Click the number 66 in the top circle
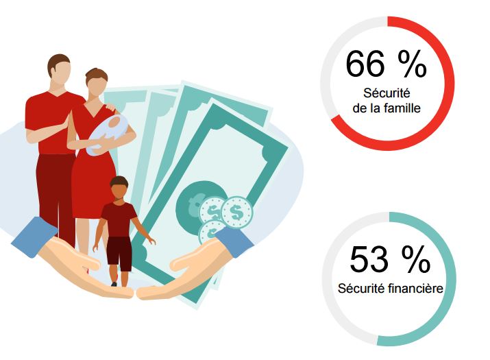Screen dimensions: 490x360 tap(365, 64)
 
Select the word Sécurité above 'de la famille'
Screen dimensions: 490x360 tap(387, 93)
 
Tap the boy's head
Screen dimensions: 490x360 tap(119, 188)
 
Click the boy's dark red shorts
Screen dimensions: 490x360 tap(119, 254)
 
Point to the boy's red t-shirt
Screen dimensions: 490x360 tap(119, 219)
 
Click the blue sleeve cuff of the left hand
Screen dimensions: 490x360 tap(35, 237)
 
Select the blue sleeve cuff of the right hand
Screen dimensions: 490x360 tap(234, 241)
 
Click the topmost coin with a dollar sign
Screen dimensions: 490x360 tap(236, 213)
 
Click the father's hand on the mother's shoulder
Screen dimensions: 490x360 tap(111, 106)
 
